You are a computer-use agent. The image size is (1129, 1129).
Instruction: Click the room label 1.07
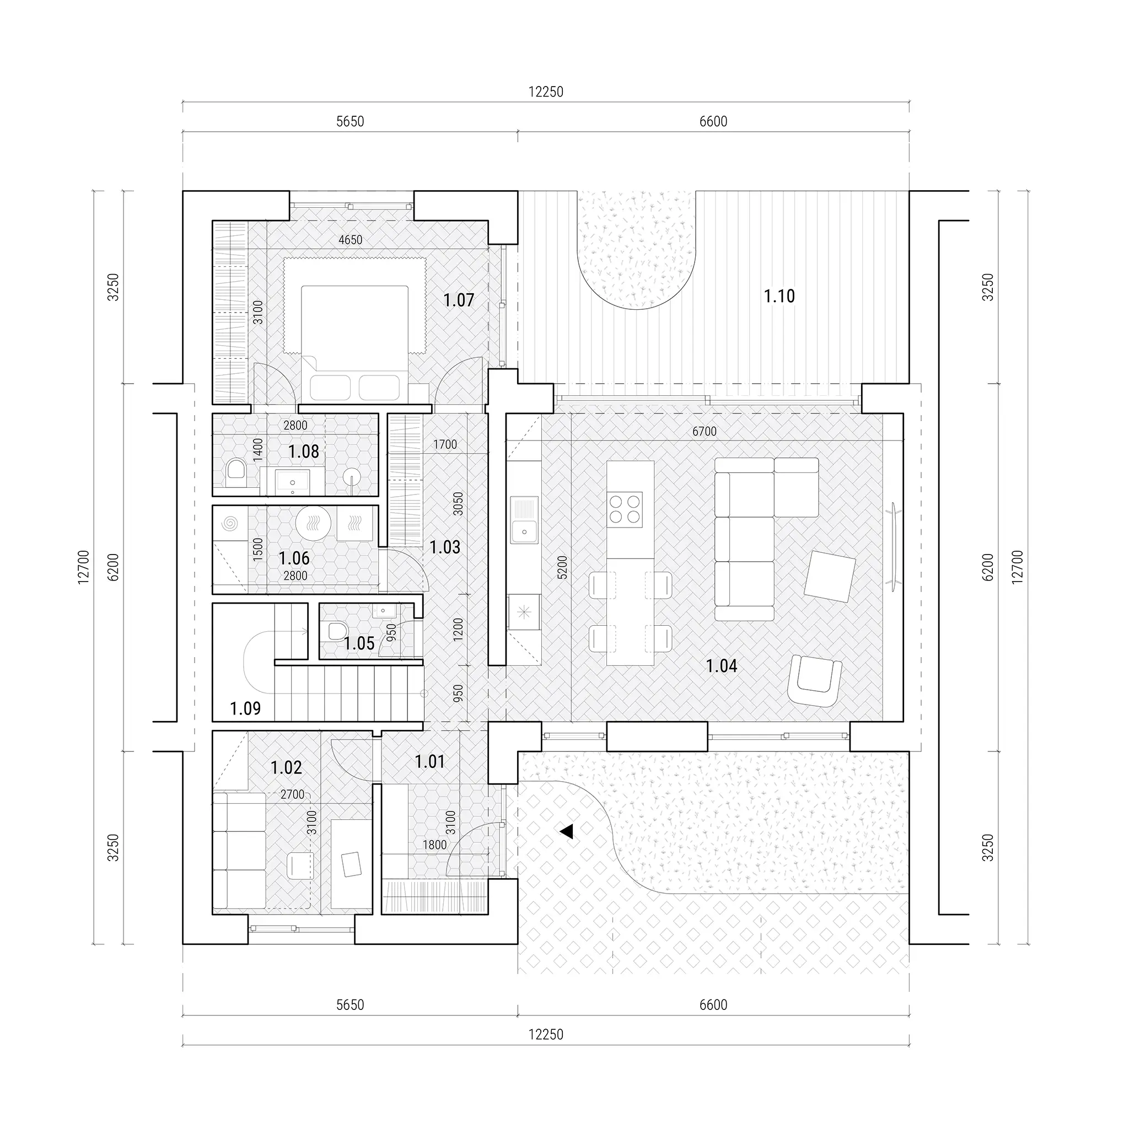(459, 300)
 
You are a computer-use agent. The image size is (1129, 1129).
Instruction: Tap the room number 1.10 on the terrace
(779, 296)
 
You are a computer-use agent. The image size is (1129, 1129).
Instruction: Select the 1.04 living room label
(722, 665)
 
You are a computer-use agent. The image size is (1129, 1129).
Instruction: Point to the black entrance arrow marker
(566, 831)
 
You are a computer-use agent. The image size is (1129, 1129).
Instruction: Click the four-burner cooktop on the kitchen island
(625, 508)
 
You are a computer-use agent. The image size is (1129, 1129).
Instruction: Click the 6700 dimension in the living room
(704, 431)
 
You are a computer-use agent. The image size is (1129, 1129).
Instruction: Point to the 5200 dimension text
(562, 567)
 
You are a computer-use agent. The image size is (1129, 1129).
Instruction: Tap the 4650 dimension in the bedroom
(351, 240)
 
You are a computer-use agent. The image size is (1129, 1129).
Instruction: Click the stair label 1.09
(245, 709)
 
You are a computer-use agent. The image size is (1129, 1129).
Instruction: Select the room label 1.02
(286, 767)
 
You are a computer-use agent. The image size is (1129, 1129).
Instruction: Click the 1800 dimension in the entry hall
(434, 845)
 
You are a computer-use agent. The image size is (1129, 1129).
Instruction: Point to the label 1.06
(294, 558)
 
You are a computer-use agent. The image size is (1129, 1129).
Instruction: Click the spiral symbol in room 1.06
(230, 524)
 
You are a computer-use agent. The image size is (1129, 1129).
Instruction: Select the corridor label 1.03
(445, 547)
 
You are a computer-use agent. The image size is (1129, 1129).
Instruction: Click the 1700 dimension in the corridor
(445, 445)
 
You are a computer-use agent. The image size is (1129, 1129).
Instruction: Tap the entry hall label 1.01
(430, 761)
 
